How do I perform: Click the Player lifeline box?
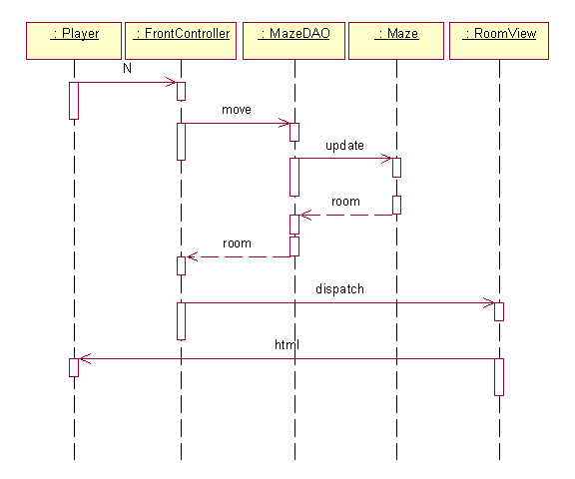pyautogui.click(x=74, y=41)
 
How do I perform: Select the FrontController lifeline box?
pyautogui.click(x=181, y=41)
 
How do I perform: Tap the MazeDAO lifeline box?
pyautogui.click(x=293, y=41)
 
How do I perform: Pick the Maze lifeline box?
pyautogui.click(x=396, y=41)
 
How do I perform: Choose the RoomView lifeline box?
pyautogui.click(x=499, y=41)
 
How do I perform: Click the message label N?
pyautogui.click(x=127, y=68)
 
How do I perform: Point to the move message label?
pyautogui.click(x=237, y=110)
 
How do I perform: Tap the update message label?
pyautogui.click(x=344, y=146)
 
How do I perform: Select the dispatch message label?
pyautogui.click(x=340, y=289)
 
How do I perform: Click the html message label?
pyautogui.click(x=287, y=344)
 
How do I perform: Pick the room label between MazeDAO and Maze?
pyautogui.click(x=345, y=202)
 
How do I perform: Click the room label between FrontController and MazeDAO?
pyautogui.click(x=237, y=243)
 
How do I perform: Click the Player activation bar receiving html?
pyautogui.click(x=74, y=367)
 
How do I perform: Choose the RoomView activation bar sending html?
pyautogui.click(x=499, y=377)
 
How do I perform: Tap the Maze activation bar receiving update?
pyautogui.click(x=396, y=168)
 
